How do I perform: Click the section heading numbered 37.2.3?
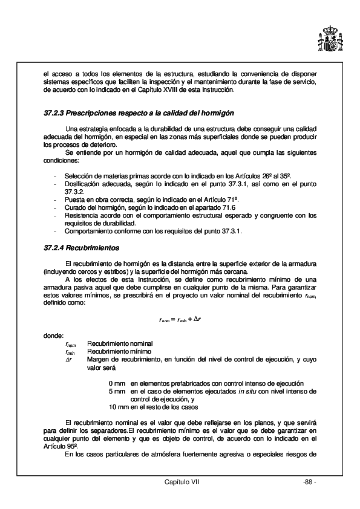pos(139,113)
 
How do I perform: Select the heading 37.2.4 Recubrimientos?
pos(82,248)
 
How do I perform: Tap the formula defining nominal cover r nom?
pos(180,319)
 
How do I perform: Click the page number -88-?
pos(310,482)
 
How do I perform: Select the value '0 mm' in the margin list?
pos(117,383)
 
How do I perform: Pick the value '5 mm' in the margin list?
pos(117,391)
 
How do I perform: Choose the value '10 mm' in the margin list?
pos(117,407)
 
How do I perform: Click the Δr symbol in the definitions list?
pos(69,359)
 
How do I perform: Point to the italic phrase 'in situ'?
pos(246,391)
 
